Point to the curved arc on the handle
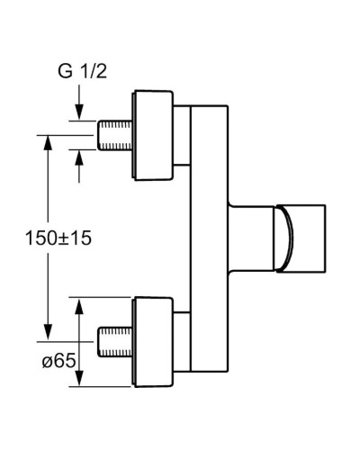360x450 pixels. [x=287, y=238]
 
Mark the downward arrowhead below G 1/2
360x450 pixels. [x=79, y=112]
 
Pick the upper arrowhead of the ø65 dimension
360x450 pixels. [x=79, y=306]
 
